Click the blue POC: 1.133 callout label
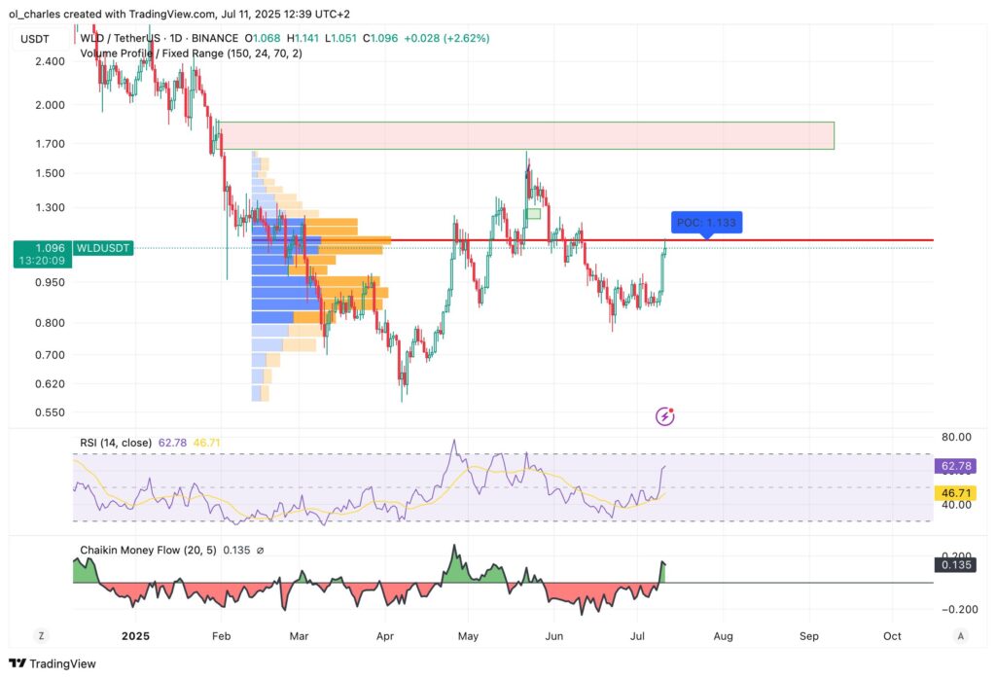click(706, 222)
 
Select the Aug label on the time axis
click(724, 636)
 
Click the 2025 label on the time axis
click(135, 636)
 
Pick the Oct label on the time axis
click(893, 636)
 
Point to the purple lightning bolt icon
click(665, 416)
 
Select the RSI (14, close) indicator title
click(116, 443)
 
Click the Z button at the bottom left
click(42, 636)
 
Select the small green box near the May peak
click(533, 213)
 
